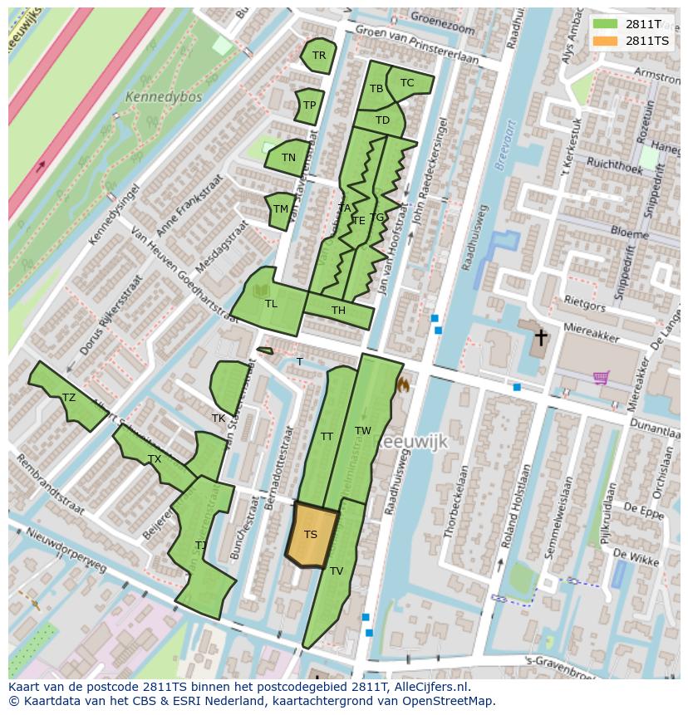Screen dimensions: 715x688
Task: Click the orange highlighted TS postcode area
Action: (312, 535)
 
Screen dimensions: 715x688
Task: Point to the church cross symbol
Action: (541, 337)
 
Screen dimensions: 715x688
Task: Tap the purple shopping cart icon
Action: (602, 378)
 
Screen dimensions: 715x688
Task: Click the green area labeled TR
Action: (318, 56)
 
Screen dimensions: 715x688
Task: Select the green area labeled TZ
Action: (69, 398)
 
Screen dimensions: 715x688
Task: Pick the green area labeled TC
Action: (407, 82)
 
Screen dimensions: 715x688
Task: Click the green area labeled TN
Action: (287, 158)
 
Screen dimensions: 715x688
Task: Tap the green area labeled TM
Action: (281, 209)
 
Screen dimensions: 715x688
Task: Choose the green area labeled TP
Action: (309, 105)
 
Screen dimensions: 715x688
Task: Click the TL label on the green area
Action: (271, 304)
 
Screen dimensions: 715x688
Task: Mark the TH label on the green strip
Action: (338, 311)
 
